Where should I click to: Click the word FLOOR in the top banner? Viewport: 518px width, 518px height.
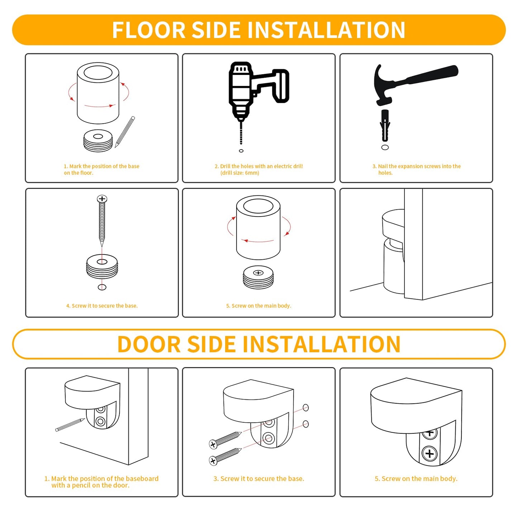[x=149, y=30]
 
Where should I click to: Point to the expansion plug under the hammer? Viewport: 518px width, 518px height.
[x=385, y=125]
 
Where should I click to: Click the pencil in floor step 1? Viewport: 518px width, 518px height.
[x=125, y=132]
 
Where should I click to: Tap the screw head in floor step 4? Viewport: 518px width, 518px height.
[x=102, y=199]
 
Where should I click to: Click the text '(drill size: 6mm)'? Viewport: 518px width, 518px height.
[x=240, y=173]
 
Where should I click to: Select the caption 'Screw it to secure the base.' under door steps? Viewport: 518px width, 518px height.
[x=259, y=479]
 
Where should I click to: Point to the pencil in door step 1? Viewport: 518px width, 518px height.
[x=70, y=425]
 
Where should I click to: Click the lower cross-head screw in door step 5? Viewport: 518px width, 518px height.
[x=429, y=453]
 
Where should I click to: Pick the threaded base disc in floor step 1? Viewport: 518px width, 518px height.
[x=98, y=141]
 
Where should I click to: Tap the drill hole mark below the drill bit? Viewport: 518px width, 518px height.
[x=241, y=151]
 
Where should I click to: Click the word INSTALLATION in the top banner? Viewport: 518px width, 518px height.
[x=326, y=30]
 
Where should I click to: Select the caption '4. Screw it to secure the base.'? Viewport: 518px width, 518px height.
[x=102, y=306]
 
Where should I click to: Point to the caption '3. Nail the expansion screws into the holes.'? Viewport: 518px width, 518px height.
[x=417, y=169]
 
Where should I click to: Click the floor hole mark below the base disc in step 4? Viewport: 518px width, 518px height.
[x=102, y=287]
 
